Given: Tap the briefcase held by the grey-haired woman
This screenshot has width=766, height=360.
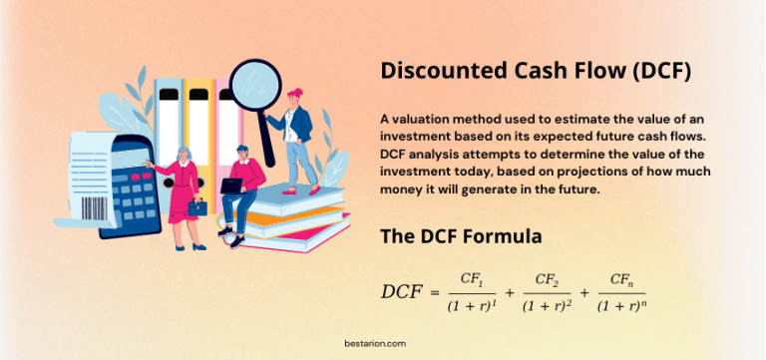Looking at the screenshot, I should point(197,208).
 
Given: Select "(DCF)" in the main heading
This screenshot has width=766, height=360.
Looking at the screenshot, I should point(656,72).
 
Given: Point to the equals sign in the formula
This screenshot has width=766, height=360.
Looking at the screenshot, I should point(434,292).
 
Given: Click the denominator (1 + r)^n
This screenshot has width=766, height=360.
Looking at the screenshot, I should point(623,306).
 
